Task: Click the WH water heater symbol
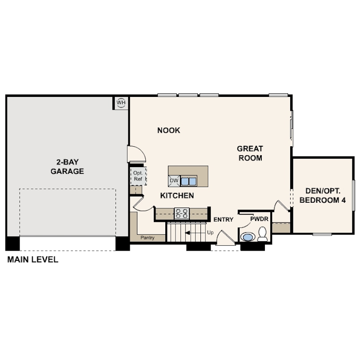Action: pyautogui.click(x=121, y=102)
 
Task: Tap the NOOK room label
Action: pyautogui.click(x=169, y=130)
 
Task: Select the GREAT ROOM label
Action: pyautogui.click(x=250, y=153)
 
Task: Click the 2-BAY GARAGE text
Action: pyautogui.click(x=67, y=167)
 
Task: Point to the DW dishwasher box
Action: pyautogui.click(x=174, y=181)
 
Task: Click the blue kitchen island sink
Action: pyautogui.click(x=188, y=181)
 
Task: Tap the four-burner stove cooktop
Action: pyautogui.click(x=182, y=213)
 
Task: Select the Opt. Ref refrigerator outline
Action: pyautogui.click(x=138, y=176)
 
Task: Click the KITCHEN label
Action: pyautogui.click(x=177, y=196)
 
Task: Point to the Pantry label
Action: pyautogui.click(x=148, y=238)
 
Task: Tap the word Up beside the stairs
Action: pyautogui.click(x=210, y=233)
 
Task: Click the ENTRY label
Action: pyautogui.click(x=224, y=220)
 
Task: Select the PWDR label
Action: pyautogui.click(x=259, y=219)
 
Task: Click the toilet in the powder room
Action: pyautogui.click(x=262, y=234)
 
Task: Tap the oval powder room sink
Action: pyautogui.click(x=248, y=237)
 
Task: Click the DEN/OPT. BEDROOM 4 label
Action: pyautogui.click(x=323, y=196)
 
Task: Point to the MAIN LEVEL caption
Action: pyautogui.click(x=33, y=260)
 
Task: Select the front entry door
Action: pyautogui.click(x=225, y=238)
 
